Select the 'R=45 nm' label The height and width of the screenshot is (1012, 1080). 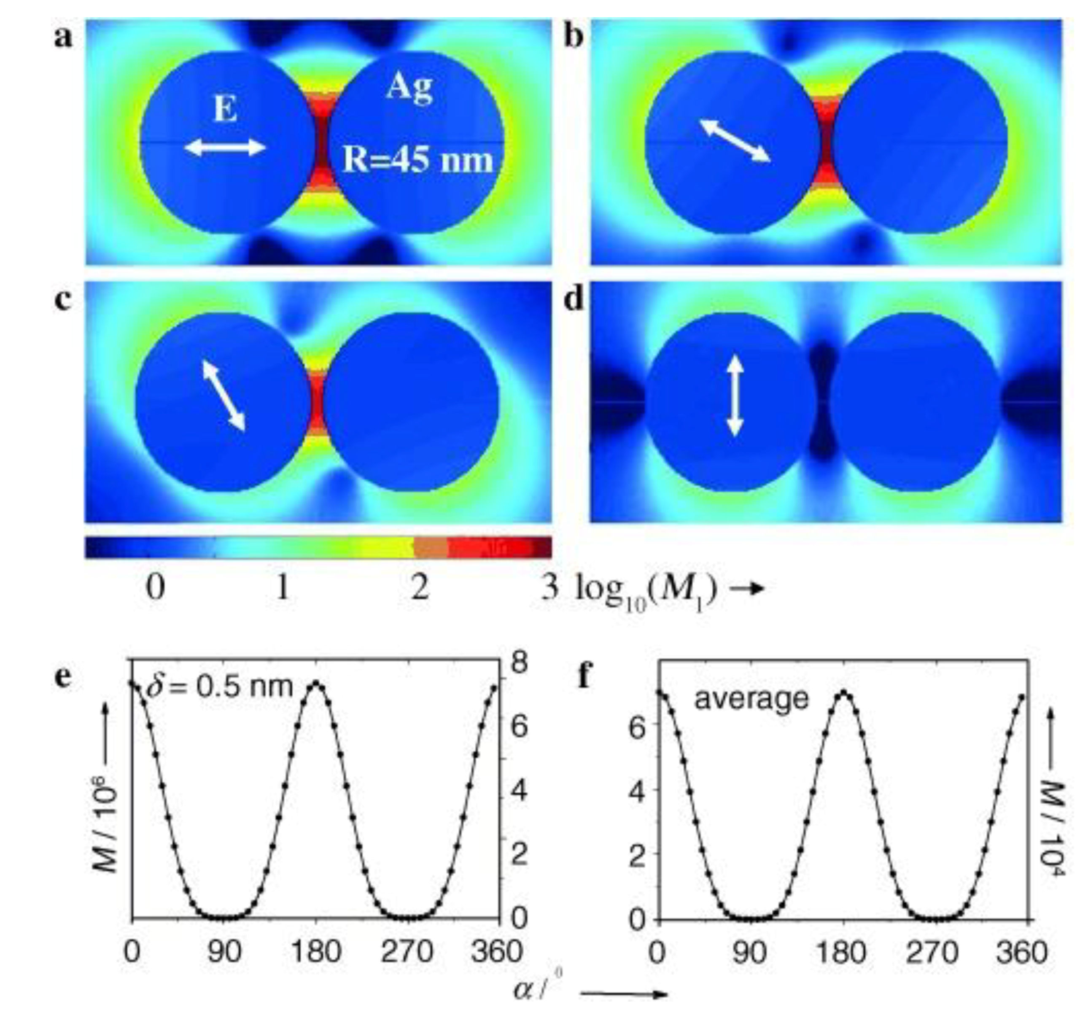point(417,161)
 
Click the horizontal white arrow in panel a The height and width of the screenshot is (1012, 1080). point(225,147)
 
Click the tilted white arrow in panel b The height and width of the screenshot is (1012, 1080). point(735,141)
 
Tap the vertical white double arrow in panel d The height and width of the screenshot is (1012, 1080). point(735,396)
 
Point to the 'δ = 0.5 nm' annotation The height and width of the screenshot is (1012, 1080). point(219,688)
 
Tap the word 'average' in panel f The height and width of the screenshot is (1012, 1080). point(752,699)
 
